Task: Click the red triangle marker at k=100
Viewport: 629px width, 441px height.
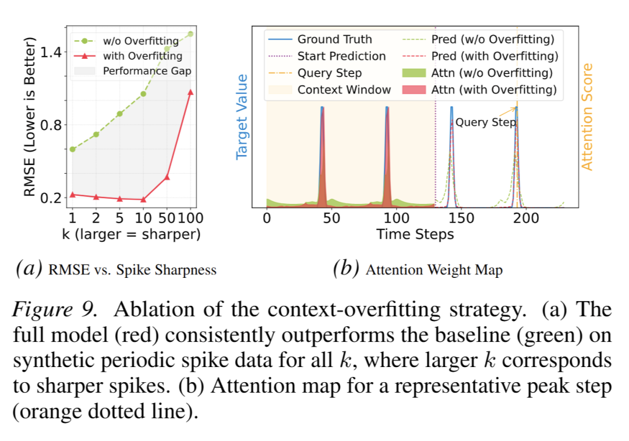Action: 190,91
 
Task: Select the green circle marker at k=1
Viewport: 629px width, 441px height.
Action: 72,149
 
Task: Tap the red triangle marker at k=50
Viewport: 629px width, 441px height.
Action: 167,177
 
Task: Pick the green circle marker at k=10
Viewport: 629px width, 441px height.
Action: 143,94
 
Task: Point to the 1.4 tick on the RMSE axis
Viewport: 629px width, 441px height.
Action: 51,52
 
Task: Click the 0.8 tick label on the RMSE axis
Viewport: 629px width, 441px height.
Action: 51,125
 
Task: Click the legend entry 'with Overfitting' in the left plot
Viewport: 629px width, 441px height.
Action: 142,57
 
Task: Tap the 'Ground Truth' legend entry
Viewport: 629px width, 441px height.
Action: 334,40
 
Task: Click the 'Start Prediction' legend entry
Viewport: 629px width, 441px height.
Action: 341,57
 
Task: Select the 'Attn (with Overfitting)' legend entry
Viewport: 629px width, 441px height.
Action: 494,90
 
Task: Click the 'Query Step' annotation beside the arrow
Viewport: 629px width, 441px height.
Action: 485,123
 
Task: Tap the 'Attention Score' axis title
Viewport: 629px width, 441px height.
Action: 587,117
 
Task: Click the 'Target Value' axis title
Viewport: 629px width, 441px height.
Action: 242,117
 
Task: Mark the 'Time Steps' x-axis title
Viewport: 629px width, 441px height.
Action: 415,235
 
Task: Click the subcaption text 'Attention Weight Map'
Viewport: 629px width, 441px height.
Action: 434,270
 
